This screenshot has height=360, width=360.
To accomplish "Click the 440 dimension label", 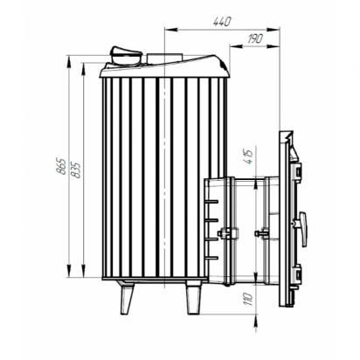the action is [x=222, y=22].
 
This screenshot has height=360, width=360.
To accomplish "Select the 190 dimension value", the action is [x=255, y=38].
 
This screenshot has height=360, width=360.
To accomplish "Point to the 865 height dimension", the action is [x=61, y=167].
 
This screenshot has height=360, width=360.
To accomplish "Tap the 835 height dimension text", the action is [x=76, y=170].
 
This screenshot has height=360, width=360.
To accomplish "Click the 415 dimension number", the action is [x=250, y=156].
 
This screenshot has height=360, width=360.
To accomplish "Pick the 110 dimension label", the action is [x=249, y=299].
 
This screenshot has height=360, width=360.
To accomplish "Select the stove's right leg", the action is [x=193, y=298].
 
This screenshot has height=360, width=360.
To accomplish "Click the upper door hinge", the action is [x=297, y=172].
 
